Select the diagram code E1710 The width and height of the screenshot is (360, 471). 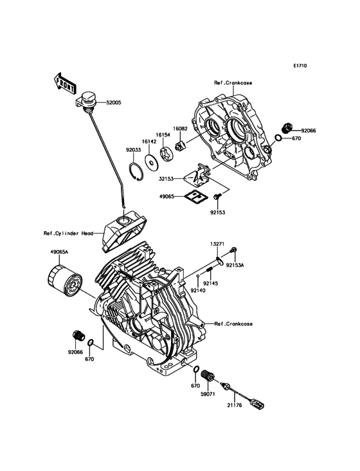(x=300, y=66)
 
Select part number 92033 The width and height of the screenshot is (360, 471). (x=133, y=149)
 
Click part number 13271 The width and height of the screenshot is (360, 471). (x=218, y=245)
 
